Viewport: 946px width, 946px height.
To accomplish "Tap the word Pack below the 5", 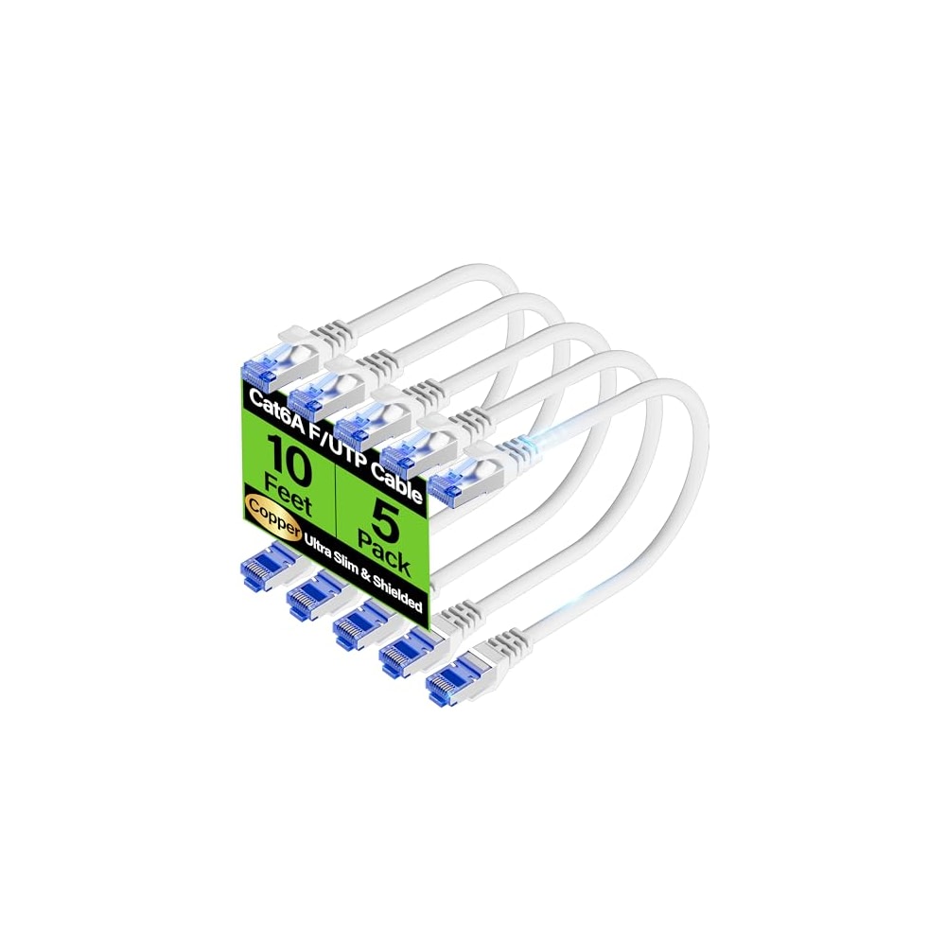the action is pos(382,554).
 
